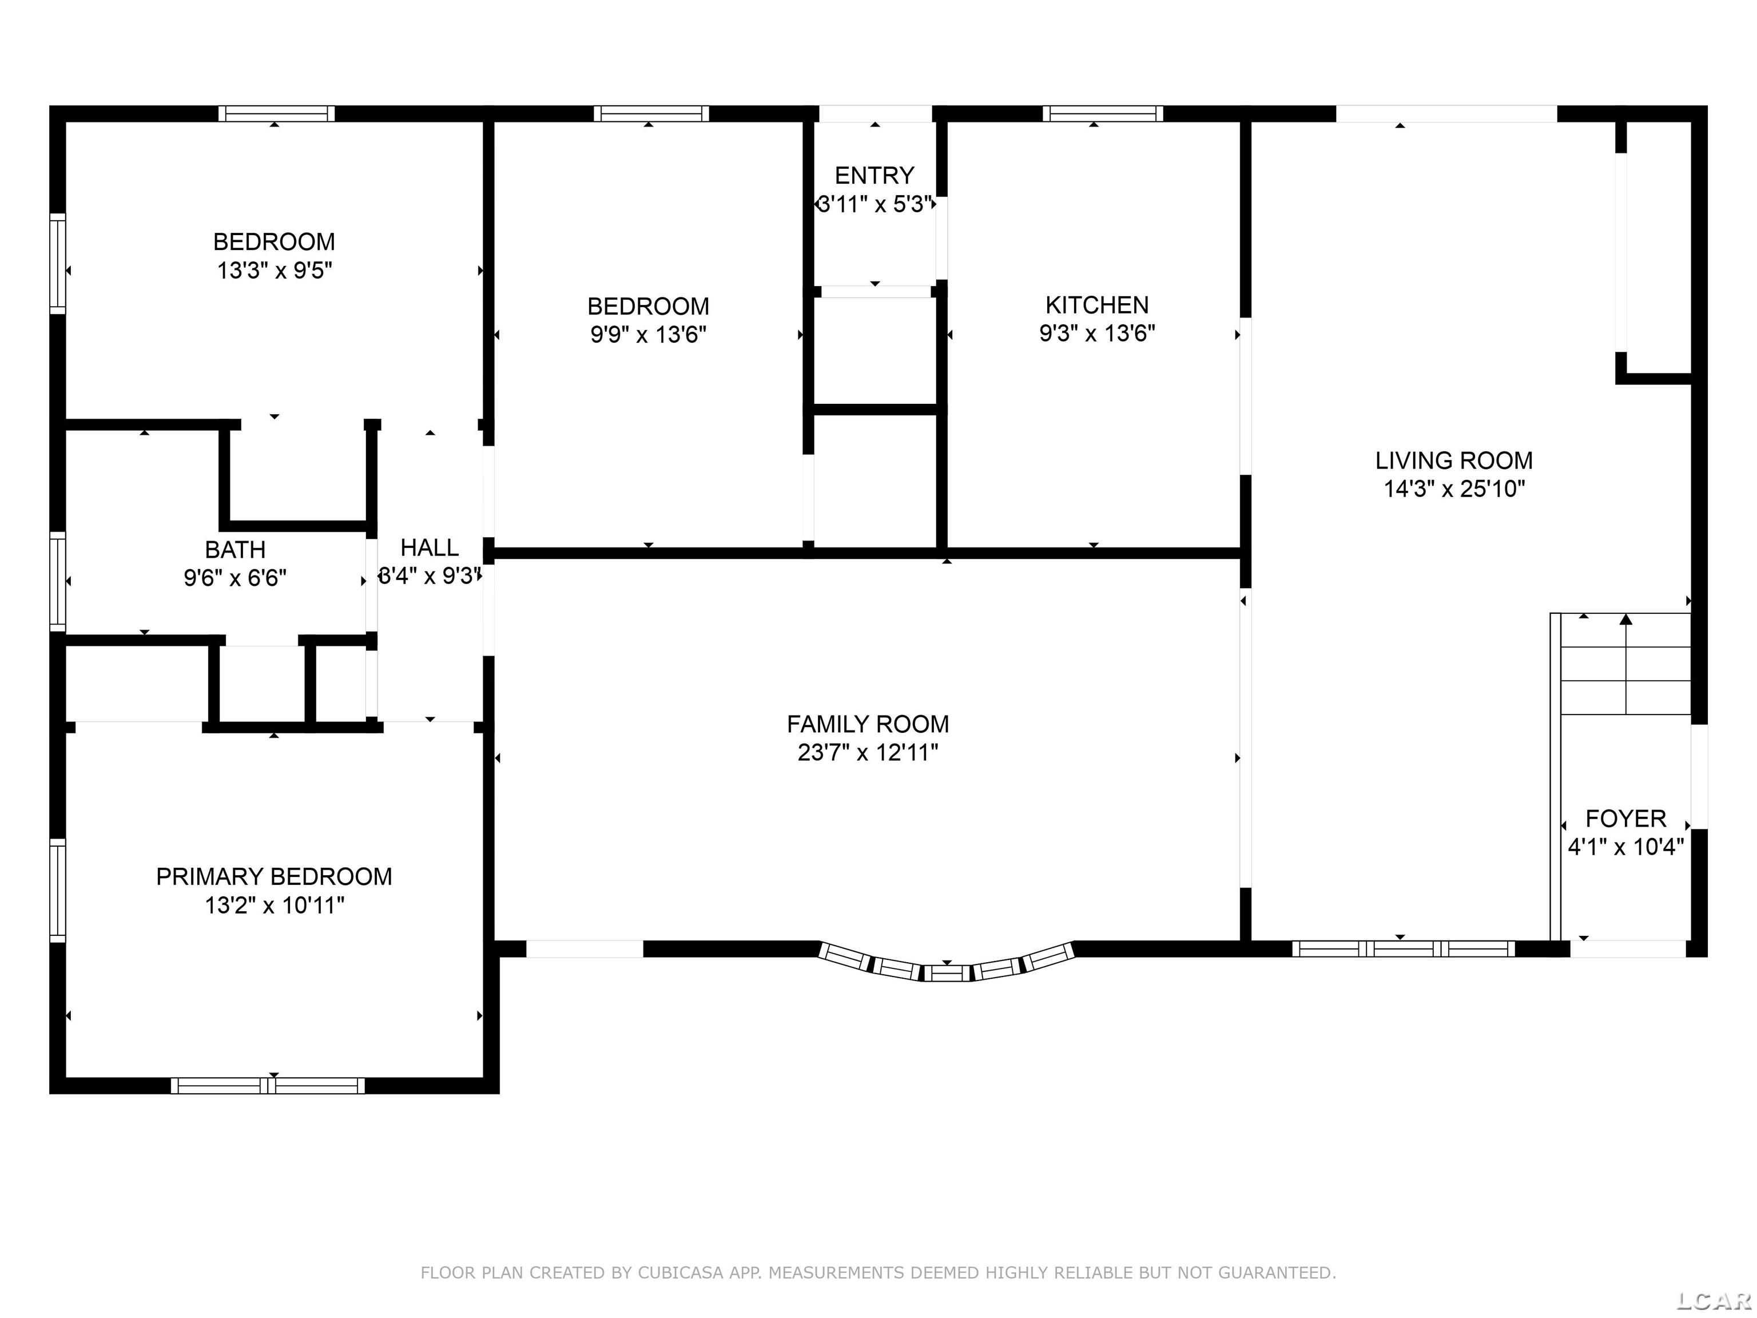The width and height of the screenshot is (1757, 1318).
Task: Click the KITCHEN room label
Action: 1097,305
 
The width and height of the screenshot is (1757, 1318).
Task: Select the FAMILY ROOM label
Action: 868,725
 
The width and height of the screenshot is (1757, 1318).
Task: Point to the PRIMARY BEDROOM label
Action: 274,877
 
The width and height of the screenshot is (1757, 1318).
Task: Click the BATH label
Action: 235,550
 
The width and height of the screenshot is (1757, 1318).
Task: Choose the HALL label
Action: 430,547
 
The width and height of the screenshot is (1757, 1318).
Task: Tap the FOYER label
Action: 1626,819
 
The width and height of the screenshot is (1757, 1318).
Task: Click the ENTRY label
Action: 874,176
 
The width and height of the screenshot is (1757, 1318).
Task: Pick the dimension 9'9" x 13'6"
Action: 648,335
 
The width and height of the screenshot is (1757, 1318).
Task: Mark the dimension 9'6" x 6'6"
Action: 235,578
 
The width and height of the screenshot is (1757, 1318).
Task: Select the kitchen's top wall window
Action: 1103,114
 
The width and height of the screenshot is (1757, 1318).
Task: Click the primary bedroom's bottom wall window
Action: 268,1085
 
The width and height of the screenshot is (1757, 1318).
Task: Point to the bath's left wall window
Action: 57,581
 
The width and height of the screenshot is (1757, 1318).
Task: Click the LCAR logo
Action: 1714,1300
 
